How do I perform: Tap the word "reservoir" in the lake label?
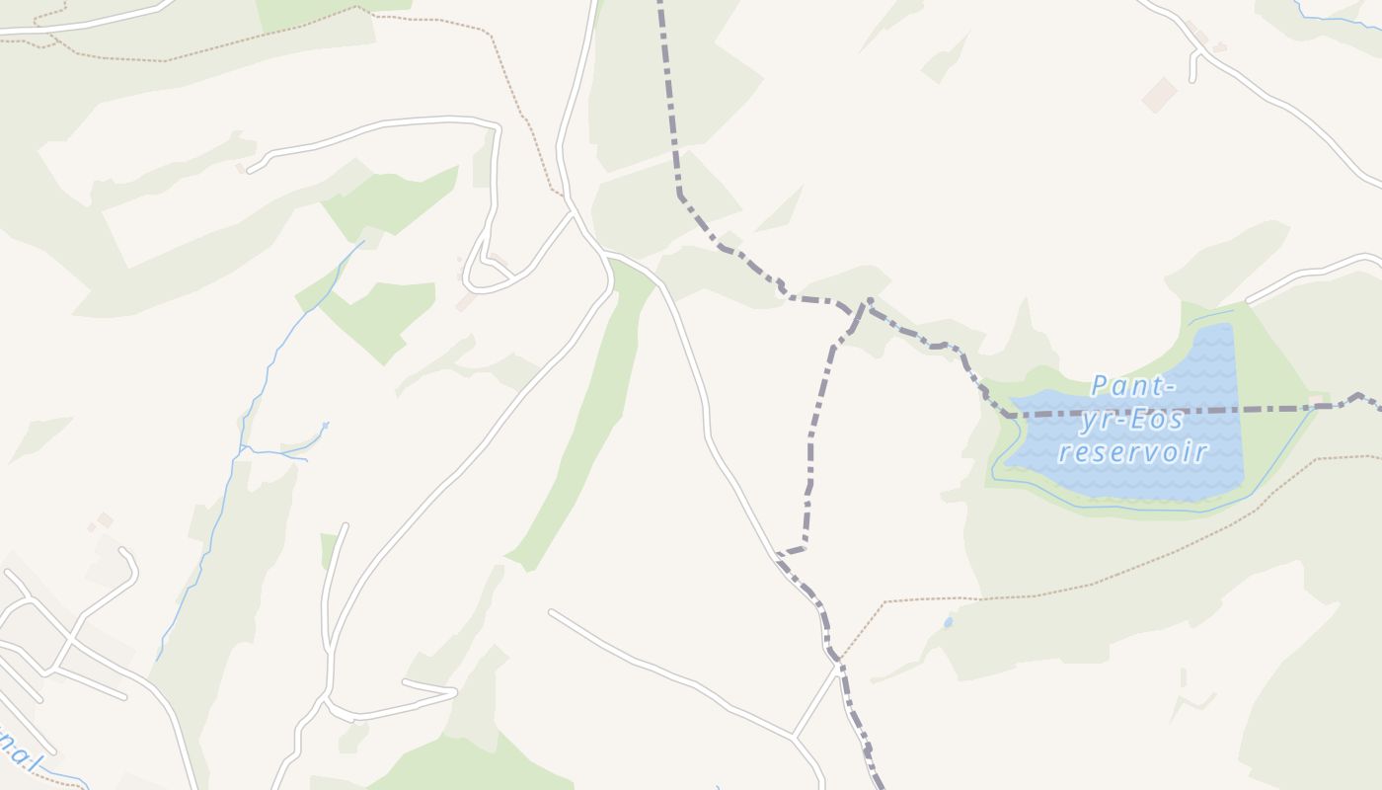[1132, 453]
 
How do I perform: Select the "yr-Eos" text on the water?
[1131, 420]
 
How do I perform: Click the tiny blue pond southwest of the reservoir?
[949, 622]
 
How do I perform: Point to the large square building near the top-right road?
[1159, 95]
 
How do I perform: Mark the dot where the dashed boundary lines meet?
[870, 300]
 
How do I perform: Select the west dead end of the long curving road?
[249, 171]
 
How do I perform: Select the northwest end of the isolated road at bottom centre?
[551, 612]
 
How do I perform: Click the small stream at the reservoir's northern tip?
[1210, 317]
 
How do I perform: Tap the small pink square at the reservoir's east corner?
[1315, 401]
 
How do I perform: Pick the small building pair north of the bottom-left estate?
[102, 520]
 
